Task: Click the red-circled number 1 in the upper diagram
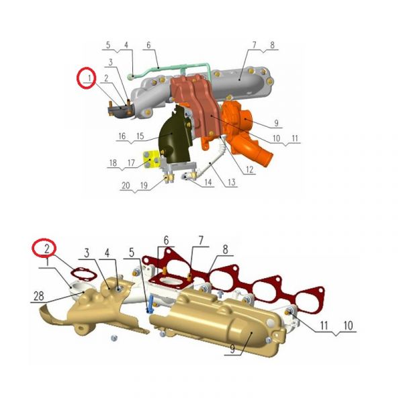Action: pos(89,78)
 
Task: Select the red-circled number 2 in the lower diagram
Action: pos(47,249)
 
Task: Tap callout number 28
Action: pos(39,296)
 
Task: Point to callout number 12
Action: pos(249,169)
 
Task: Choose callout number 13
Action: pos(231,182)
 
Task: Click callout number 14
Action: pos(208,182)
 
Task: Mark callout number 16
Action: pos(122,136)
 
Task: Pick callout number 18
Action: pos(113,163)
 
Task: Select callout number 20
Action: pos(126,185)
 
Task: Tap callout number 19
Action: pos(144,185)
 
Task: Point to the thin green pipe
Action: pos(170,69)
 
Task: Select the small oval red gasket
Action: pos(84,274)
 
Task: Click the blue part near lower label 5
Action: pos(150,304)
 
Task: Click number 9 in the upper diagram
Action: pos(276,123)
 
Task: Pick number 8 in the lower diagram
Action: pos(225,249)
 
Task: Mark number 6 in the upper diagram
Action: pos(148,45)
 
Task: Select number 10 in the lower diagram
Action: pos(348,326)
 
